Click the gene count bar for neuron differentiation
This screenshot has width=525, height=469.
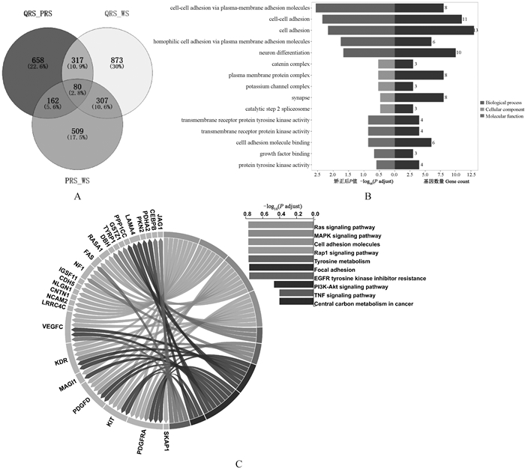tap(424, 52)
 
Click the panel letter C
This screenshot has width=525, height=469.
tap(239, 463)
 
